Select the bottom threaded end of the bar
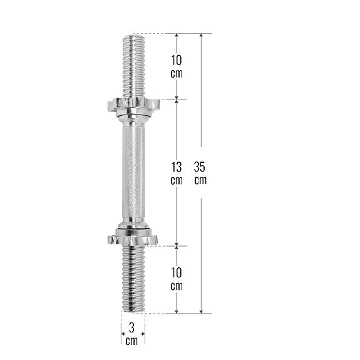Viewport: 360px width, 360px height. [x=133, y=279]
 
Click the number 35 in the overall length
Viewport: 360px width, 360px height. [x=200, y=167]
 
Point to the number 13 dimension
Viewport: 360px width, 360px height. [x=177, y=167]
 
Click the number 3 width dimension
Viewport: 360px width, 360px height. [x=131, y=327]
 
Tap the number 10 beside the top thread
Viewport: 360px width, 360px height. [x=177, y=60]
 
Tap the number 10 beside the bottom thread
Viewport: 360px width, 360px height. [x=177, y=273]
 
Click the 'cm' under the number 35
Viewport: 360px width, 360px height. [x=200, y=180]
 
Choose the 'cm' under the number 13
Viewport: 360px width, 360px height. [x=177, y=180]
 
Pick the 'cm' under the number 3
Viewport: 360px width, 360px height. [x=131, y=341]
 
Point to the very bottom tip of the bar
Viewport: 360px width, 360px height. [x=133, y=311]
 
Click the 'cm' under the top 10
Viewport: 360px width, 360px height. [x=177, y=73]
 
